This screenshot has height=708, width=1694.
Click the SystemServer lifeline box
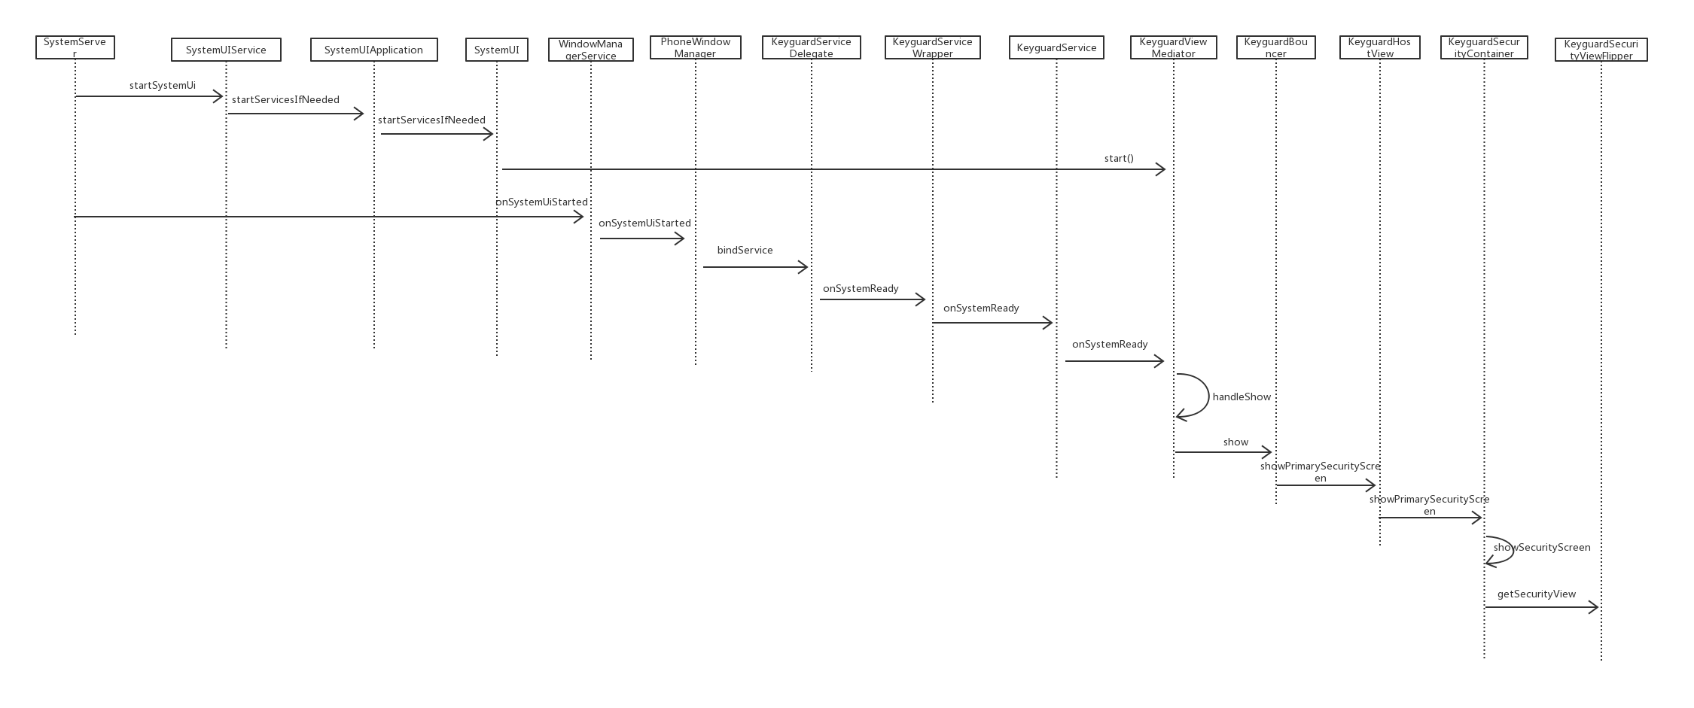point(75,47)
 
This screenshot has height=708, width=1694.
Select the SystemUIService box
point(226,50)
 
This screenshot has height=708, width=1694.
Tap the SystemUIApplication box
point(373,50)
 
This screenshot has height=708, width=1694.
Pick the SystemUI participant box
point(496,50)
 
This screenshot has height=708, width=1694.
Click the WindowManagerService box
point(590,50)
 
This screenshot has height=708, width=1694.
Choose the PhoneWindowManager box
point(695,47)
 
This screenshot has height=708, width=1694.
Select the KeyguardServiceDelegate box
point(811,47)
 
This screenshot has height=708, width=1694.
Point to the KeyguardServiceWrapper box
point(932,47)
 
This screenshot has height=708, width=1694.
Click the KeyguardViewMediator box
point(1173,47)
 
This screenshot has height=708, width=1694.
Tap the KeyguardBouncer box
point(1275,47)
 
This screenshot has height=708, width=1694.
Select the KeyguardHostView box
point(1379,47)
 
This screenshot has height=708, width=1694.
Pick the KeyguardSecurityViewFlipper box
point(1601,50)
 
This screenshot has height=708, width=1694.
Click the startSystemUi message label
point(162,85)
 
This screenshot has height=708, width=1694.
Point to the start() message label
point(1119,158)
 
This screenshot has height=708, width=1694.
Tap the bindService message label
point(745,250)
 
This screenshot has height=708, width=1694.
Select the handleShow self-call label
point(1242,397)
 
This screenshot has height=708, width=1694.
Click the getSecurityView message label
point(1536,594)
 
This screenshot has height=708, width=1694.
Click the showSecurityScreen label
point(1542,547)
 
